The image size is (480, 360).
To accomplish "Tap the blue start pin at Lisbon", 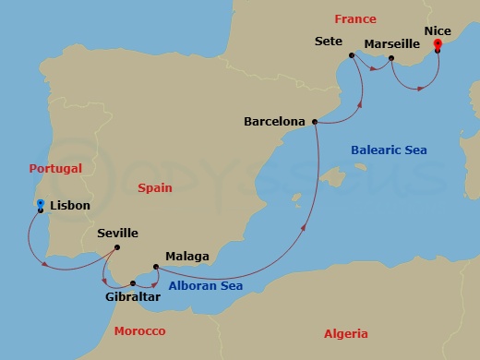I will coord(41,204).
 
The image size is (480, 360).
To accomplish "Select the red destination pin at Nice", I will coord(437,43).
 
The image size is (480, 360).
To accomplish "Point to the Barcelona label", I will coord(275,121).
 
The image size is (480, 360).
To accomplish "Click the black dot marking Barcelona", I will coord(316,122).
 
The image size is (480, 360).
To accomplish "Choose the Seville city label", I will coord(117,234).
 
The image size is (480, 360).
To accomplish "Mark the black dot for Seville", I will coord(119,246).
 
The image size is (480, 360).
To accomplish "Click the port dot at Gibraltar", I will coord(133,283).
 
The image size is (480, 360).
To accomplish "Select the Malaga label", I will coord(187,256).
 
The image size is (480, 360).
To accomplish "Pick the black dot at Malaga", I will coord(156,268).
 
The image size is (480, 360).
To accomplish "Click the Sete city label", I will coord(329,42).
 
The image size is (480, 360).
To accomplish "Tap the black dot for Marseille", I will coord(391,59).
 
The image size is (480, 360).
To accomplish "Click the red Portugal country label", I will coord(55,169).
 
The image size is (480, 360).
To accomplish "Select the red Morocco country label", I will coord(138,331).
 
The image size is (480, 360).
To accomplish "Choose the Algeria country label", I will coord(345,334).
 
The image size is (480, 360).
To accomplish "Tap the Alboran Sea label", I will coord(205,287).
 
